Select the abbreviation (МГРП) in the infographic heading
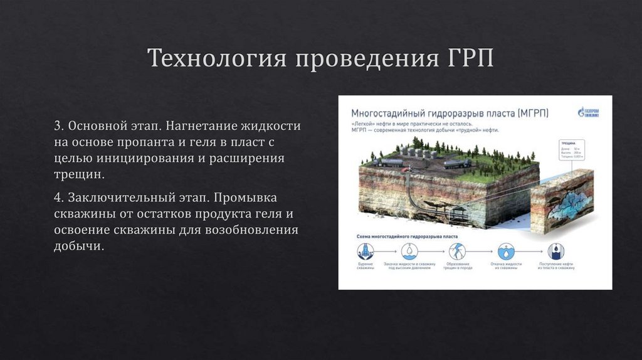(x=533, y=113)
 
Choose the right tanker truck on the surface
(x=457, y=163)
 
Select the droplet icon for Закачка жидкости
(x=409, y=251)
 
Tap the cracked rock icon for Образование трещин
(x=458, y=251)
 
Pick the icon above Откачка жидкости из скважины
(x=506, y=251)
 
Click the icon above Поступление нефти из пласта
(x=555, y=251)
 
